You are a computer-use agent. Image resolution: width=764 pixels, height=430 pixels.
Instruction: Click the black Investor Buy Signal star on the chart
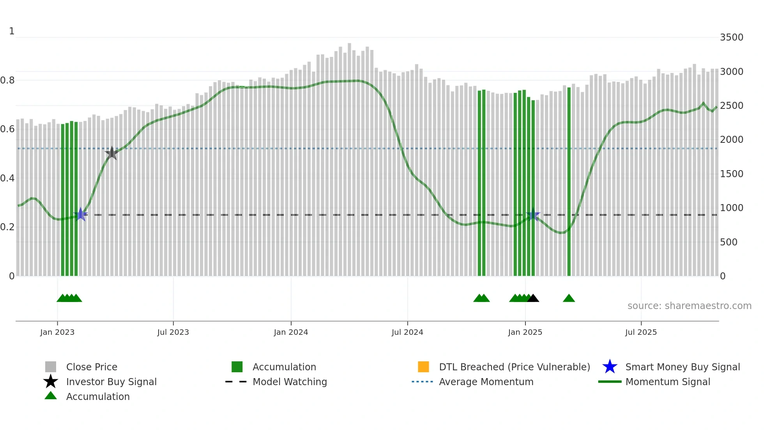[x=112, y=153]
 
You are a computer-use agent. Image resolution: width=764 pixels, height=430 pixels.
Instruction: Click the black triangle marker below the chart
[x=533, y=299]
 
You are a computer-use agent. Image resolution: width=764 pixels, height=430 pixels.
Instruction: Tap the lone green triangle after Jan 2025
[x=569, y=299]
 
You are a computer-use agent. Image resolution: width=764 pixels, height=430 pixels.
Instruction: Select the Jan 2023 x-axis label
[x=57, y=332]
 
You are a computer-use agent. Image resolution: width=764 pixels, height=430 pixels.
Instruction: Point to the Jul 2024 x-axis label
[x=407, y=332]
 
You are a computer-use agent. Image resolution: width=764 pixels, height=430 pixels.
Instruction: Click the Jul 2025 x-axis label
[x=641, y=332]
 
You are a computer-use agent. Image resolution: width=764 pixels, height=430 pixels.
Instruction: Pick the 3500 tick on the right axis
[x=731, y=37]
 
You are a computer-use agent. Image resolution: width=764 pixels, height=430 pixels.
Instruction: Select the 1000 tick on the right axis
[x=731, y=208]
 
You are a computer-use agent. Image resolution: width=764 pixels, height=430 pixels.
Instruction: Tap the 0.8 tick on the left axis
[x=7, y=80]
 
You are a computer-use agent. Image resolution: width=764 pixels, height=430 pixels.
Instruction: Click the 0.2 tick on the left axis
[x=7, y=227]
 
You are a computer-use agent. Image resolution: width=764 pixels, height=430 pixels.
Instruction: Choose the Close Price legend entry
[x=92, y=367]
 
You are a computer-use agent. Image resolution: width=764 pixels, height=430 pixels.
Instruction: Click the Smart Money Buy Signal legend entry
[x=682, y=367]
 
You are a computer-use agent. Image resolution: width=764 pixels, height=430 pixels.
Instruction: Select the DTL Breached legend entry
[x=514, y=367]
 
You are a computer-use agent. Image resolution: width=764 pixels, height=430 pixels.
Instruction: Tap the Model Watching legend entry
[x=290, y=382]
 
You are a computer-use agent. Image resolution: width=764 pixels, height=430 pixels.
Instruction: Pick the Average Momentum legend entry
[x=486, y=382]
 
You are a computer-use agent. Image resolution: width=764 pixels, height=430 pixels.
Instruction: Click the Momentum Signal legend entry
[x=667, y=382]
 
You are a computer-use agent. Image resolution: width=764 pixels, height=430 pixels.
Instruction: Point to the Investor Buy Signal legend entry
[x=111, y=382]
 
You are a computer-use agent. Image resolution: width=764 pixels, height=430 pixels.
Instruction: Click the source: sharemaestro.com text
[x=689, y=306]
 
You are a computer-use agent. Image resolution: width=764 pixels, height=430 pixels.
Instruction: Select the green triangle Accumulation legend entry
[x=97, y=396]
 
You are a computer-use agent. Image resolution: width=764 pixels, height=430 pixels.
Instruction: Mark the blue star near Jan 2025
[x=533, y=215]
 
